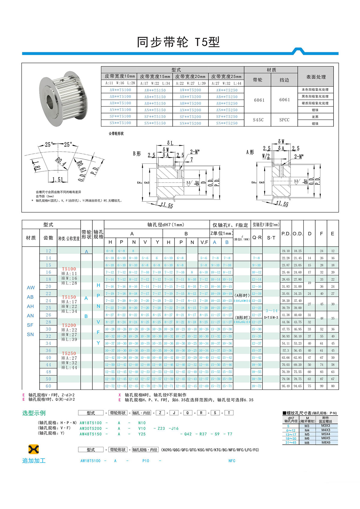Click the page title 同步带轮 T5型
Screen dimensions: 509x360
(178, 42)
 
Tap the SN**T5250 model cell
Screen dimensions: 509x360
(226, 123)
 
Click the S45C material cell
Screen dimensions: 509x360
(258, 120)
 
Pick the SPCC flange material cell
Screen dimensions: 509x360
(284, 120)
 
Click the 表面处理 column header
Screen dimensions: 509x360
(316, 77)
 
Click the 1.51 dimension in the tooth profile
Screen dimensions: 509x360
(58, 180)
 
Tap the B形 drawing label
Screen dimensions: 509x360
(137, 154)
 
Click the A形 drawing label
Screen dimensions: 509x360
(250, 152)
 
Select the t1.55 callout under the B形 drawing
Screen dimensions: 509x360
(167, 205)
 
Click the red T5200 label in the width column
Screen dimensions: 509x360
(69, 325)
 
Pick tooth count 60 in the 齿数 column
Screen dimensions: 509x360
(49, 386)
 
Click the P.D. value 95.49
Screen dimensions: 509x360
(286, 386)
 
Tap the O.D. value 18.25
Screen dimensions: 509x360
(298, 251)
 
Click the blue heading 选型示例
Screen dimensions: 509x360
(34, 413)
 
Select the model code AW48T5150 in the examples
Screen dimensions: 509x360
(91, 434)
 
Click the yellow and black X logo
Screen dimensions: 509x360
(34, 449)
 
